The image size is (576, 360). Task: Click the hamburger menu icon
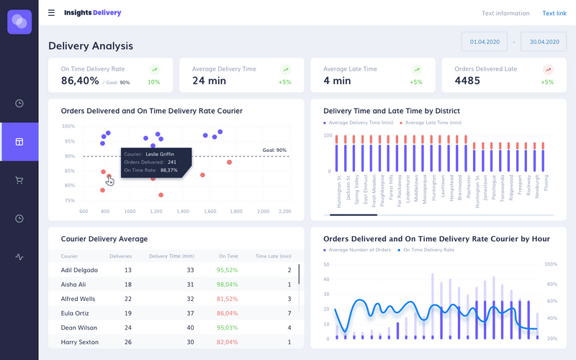(x=51, y=13)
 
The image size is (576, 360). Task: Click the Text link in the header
(x=554, y=13)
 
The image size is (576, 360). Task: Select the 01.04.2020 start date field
(x=484, y=42)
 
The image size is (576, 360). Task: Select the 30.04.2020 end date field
(x=544, y=42)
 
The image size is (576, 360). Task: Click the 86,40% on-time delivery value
(x=80, y=81)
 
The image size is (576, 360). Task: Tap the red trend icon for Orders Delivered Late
(x=548, y=70)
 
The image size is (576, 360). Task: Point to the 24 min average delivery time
(x=210, y=81)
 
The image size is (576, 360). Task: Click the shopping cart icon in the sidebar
(x=19, y=180)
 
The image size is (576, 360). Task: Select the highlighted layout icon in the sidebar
(x=19, y=142)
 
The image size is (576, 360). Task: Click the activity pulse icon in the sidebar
(x=19, y=256)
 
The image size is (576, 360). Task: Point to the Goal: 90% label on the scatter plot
(x=274, y=150)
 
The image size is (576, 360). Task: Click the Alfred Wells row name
(x=78, y=298)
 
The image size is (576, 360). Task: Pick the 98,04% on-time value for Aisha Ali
(x=227, y=284)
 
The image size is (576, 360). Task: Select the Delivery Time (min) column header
(x=171, y=256)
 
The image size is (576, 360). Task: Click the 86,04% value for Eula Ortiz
(x=227, y=313)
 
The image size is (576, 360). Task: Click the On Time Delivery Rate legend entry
(x=428, y=250)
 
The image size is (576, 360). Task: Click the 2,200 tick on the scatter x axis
(x=284, y=212)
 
